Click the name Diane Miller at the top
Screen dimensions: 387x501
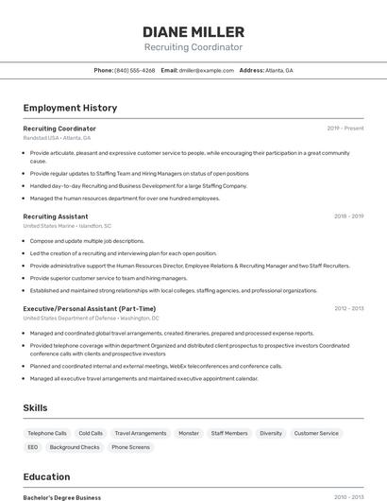(x=193, y=31)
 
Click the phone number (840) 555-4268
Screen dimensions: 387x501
(x=134, y=70)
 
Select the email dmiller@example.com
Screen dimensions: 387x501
(x=206, y=70)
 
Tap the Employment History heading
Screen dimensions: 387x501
(x=70, y=108)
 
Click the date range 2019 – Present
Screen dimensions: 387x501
(x=345, y=128)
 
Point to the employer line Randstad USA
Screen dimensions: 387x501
(x=57, y=138)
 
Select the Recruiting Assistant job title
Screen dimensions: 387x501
(x=56, y=216)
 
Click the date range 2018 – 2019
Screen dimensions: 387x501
(x=348, y=216)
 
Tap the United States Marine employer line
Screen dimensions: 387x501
(x=67, y=226)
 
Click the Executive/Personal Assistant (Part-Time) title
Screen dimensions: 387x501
(x=90, y=308)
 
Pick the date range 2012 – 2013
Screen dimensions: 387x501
(x=348, y=308)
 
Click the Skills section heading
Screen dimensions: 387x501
(x=36, y=407)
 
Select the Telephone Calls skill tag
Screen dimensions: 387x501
(x=47, y=433)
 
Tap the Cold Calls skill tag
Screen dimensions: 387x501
(x=91, y=433)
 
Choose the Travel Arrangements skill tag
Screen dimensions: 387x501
(x=141, y=433)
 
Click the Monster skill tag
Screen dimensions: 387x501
(x=189, y=433)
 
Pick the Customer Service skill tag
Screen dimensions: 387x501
(x=316, y=433)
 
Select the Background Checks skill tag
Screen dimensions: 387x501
(x=75, y=447)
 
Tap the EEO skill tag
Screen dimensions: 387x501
(x=33, y=447)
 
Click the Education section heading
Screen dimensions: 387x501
(x=46, y=476)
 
